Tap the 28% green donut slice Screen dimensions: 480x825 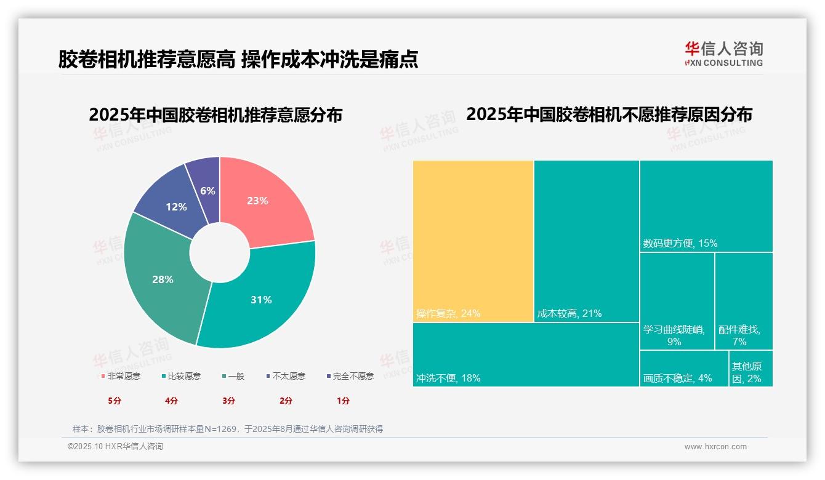[163, 279]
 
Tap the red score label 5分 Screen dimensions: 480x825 [115, 401]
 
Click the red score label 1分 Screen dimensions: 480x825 [343, 401]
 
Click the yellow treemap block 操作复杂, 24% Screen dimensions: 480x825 [473, 240]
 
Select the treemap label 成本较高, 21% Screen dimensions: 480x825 [569, 314]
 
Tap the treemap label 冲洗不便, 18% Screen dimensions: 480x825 [448, 378]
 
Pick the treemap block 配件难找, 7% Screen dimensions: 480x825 [743, 302]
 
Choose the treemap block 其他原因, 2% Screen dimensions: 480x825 [750, 369]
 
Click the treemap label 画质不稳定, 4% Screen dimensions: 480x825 [677, 378]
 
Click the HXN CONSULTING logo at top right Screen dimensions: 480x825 [723, 54]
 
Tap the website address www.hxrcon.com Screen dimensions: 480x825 [715, 447]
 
